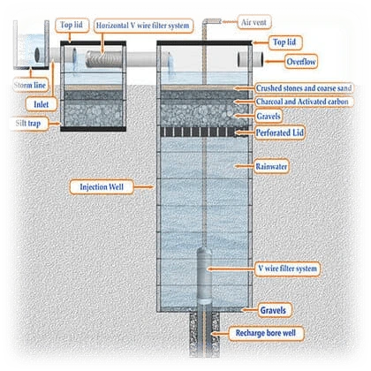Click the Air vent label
tap(254, 22)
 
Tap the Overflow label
tap(301, 62)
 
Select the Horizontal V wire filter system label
tap(143, 26)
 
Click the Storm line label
tap(30, 86)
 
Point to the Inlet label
tap(42, 104)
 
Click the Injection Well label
tap(102, 187)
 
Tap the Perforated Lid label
tap(279, 132)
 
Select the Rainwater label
tap(271, 167)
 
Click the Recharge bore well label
tap(266, 333)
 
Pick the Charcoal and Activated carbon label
tap(302, 102)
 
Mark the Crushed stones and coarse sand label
tap(304, 88)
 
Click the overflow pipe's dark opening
tap(239, 59)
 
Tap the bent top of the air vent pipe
tap(212, 21)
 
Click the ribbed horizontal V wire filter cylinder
tap(103, 59)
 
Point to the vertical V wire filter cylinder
tap(204, 275)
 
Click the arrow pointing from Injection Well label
tap(144, 187)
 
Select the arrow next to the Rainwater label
tap(244, 166)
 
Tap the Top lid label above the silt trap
tap(72, 25)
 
